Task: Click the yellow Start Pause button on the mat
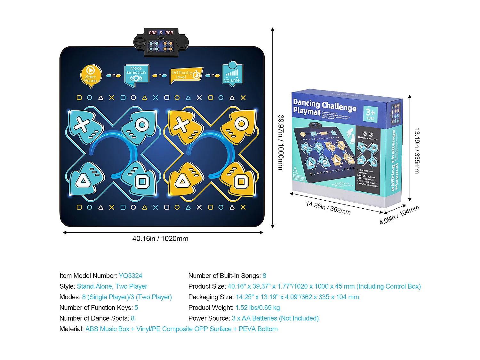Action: [91, 76]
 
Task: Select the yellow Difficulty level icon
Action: [186, 75]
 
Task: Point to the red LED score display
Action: [161, 33]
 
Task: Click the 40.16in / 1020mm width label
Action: [160, 239]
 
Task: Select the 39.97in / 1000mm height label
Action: [280, 142]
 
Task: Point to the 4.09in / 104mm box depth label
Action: [399, 215]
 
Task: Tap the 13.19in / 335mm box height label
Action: [417, 151]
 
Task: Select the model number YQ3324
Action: [130, 276]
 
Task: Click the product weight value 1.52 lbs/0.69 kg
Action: [258, 308]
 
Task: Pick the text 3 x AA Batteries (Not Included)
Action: [275, 318]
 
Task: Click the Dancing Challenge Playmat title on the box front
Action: [324, 107]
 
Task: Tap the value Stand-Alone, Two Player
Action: [112, 286]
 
